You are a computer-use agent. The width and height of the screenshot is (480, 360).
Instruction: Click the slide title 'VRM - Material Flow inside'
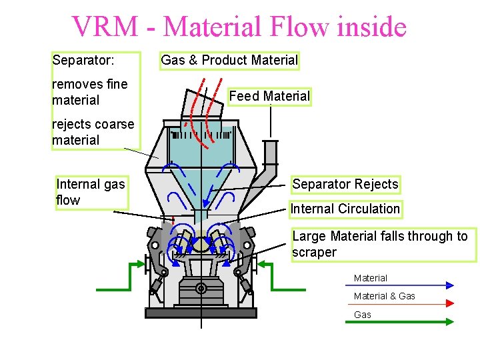[x=239, y=27]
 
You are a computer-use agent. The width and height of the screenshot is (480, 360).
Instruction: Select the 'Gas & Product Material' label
[x=229, y=61]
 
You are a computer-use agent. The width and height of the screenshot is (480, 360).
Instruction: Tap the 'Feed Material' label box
[x=269, y=97]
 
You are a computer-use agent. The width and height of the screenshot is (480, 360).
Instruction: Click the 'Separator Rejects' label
[x=345, y=185]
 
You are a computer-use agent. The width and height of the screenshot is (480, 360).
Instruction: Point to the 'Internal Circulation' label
[x=345, y=209]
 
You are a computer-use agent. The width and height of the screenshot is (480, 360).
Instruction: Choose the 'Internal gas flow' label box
[x=91, y=192]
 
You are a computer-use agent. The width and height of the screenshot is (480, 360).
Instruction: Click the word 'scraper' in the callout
[x=314, y=253]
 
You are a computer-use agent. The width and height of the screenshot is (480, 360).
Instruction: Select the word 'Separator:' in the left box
[x=83, y=61]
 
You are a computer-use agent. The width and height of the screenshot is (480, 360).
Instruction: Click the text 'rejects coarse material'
[x=93, y=132]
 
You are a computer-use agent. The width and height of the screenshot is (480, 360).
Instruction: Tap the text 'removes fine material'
[x=89, y=93]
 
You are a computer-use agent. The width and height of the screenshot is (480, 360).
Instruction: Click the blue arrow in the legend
[x=400, y=285]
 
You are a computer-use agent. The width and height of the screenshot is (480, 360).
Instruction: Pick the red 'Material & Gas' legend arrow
[x=400, y=303]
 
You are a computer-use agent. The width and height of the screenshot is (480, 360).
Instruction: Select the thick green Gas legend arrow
[x=400, y=321]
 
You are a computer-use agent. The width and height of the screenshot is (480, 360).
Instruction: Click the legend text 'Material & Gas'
[x=384, y=296]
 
